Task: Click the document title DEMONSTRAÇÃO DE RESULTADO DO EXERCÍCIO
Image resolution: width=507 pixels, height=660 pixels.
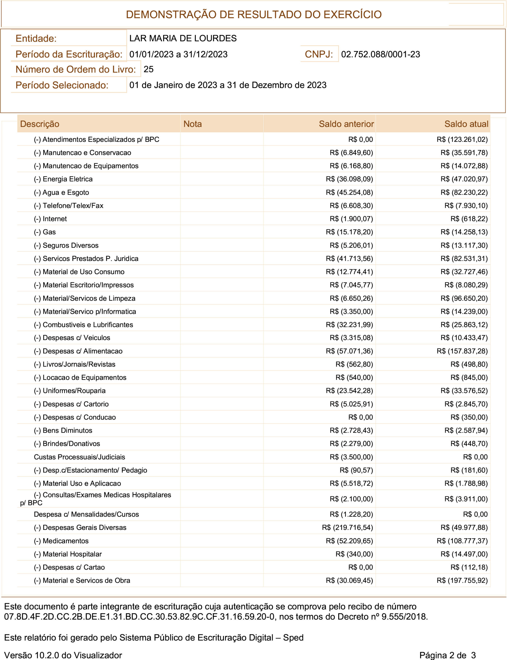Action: pyautogui.click(x=254, y=14)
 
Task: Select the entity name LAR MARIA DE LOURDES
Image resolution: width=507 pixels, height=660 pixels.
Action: pyautogui.click(x=183, y=38)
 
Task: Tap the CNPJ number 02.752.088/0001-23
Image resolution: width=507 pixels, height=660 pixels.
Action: pyautogui.click(x=380, y=54)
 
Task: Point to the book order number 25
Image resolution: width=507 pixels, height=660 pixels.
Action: pyautogui.click(x=148, y=69)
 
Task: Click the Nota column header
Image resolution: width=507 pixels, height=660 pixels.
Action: pyautogui.click(x=193, y=124)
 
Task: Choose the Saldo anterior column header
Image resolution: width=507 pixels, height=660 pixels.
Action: pyautogui.click(x=346, y=124)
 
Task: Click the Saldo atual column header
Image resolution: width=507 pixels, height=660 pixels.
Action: pyautogui.click(x=466, y=124)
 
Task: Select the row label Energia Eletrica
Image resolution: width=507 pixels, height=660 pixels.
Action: pyautogui.click(x=63, y=179)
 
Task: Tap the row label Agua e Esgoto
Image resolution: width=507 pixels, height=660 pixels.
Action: pyautogui.click(x=62, y=192)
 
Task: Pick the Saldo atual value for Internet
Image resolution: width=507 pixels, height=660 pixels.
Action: pyautogui.click(x=469, y=219)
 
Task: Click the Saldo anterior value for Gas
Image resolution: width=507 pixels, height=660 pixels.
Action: pyautogui.click(x=349, y=232)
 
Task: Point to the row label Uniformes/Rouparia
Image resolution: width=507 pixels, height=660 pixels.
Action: pyautogui.click(x=70, y=391)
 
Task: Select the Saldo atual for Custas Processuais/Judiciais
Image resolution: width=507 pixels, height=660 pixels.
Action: pyautogui.click(x=475, y=457)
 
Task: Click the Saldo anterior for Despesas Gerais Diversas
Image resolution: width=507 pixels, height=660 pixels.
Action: pyautogui.click(x=347, y=527)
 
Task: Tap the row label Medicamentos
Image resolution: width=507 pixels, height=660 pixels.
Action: pyautogui.click(x=61, y=541)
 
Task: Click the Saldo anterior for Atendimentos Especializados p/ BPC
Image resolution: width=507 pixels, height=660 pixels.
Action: pyautogui.click(x=360, y=139)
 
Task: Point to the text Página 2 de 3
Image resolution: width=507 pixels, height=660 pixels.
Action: pyautogui.click(x=447, y=655)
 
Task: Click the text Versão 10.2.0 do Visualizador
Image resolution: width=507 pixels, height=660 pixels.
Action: pyautogui.click(x=63, y=655)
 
